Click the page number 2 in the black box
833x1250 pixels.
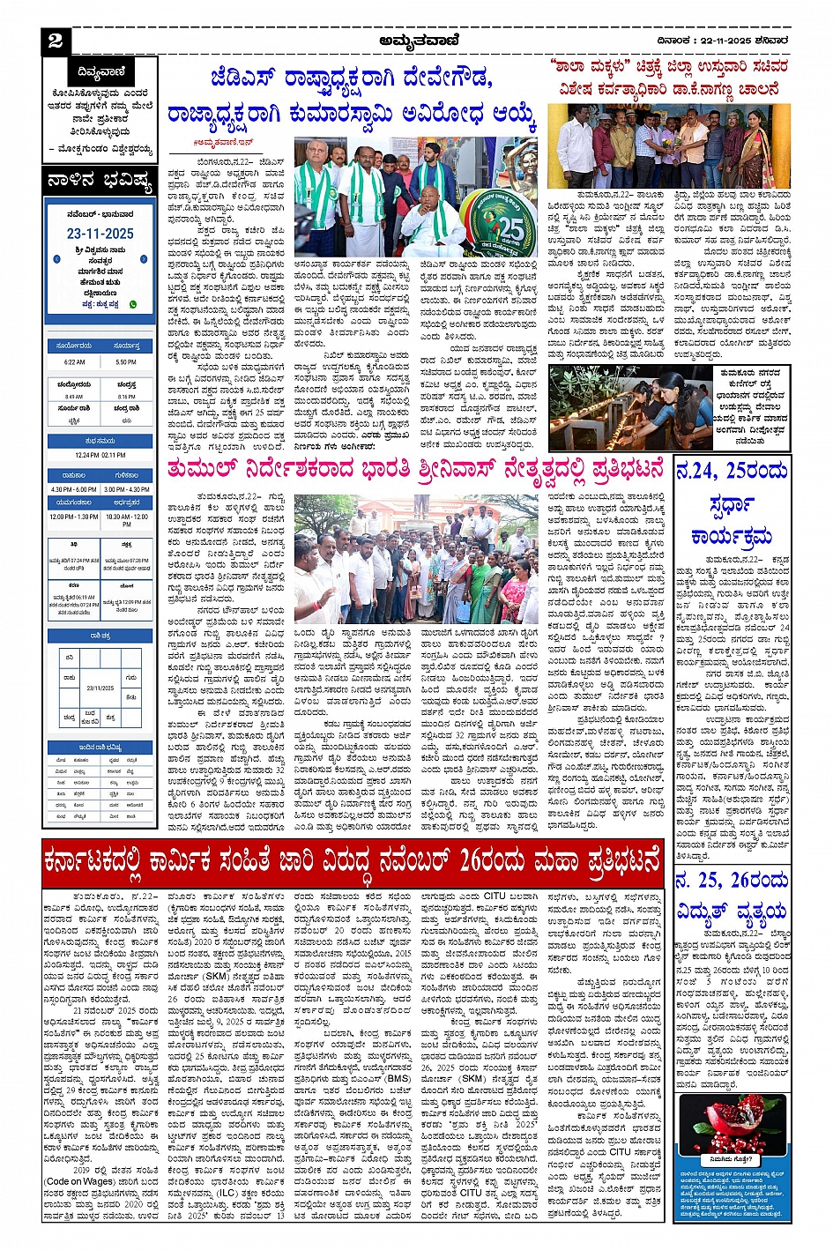[56, 41]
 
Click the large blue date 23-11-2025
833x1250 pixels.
[100, 234]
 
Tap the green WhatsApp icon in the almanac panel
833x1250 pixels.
[133, 304]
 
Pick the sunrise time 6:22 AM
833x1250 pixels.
[74, 361]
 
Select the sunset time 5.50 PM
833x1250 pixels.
[126, 361]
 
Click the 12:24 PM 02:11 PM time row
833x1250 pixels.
[100, 455]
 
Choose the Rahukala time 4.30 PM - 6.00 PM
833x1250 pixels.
[74, 489]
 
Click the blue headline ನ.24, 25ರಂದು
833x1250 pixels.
[732, 471]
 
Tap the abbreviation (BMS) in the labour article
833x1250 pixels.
[398, 1078]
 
